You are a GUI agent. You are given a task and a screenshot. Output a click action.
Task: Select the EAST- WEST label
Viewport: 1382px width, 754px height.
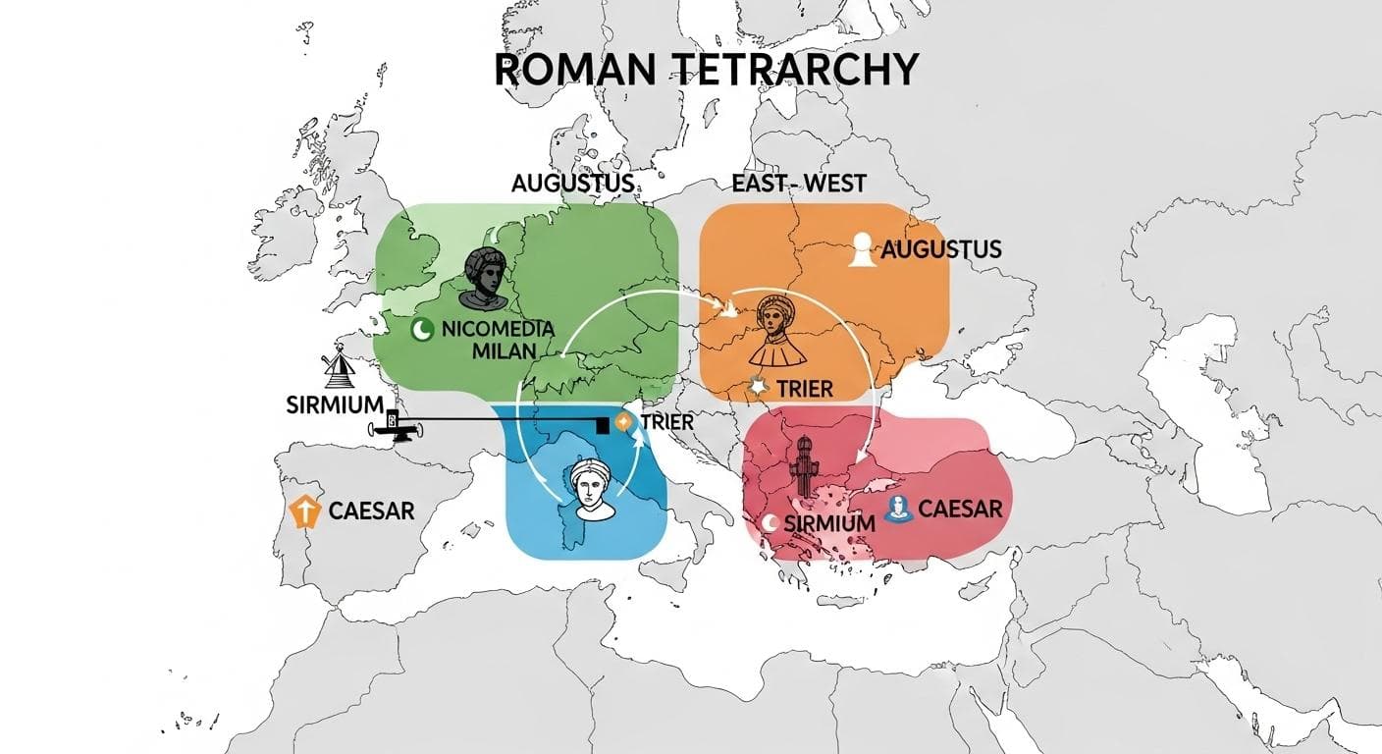(x=798, y=184)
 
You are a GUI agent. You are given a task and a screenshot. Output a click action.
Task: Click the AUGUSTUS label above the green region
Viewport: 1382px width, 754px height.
(x=572, y=184)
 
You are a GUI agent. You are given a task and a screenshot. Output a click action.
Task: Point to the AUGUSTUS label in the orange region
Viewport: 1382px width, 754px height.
(x=941, y=249)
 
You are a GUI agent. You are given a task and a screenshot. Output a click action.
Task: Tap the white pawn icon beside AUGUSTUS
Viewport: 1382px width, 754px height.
(x=862, y=249)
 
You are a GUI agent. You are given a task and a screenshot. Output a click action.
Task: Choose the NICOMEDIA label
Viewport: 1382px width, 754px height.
(x=498, y=329)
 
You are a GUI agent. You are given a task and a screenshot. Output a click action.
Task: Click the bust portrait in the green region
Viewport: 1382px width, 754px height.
(x=484, y=276)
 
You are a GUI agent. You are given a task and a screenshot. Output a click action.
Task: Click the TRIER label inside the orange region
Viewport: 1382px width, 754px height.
(x=804, y=389)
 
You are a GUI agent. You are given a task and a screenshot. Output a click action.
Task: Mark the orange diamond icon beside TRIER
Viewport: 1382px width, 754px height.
(x=622, y=422)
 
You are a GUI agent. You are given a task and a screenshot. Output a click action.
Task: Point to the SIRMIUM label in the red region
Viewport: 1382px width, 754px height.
(x=829, y=522)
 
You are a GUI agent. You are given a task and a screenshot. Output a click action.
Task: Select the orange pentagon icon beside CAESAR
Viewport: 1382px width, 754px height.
(x=307, y=512)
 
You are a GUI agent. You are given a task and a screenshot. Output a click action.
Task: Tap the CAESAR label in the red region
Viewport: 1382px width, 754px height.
(x=961, y=510)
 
